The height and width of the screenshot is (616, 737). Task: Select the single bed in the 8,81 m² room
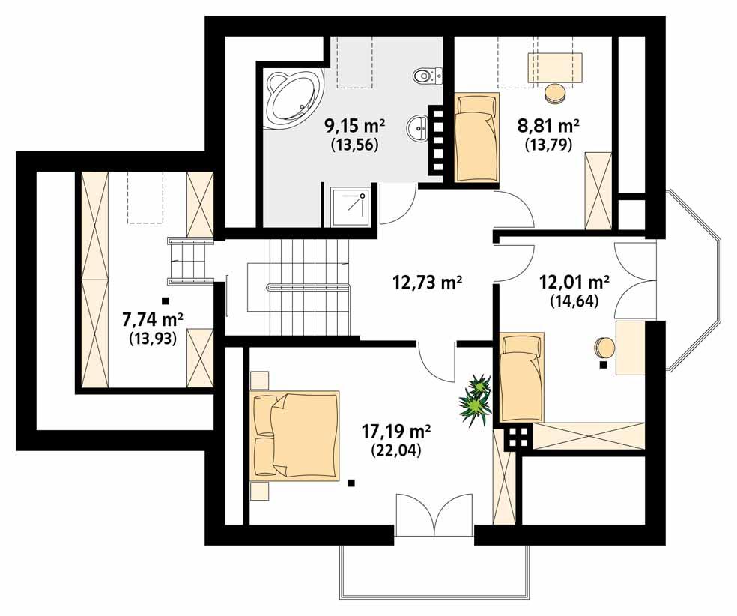476,138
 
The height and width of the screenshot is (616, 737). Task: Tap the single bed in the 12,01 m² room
516,378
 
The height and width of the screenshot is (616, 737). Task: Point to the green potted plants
474,400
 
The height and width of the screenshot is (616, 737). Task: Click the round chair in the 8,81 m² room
555,92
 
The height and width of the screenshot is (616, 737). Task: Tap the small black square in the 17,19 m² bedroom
350,483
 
